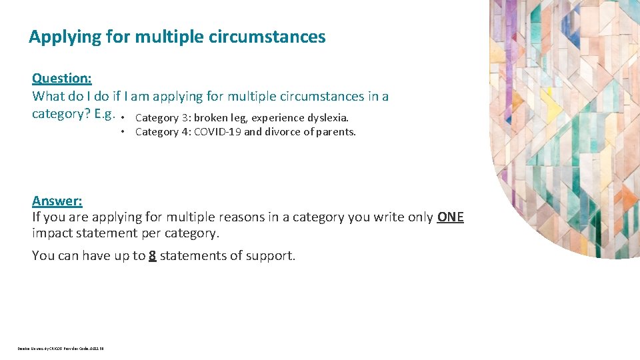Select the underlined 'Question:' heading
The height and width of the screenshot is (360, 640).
pyautogui.click(x=62, y=78)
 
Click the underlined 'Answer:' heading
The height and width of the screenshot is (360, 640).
pyautogui.click(x=57, y=201)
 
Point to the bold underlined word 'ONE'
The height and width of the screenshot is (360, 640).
pyautogui.click(x=450, y=217)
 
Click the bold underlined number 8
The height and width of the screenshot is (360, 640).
pyautogui.click(x=153, y=255)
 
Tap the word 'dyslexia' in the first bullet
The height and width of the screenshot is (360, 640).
pyautogui.click(x=327, y=118)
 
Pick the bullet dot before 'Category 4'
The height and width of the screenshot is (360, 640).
pyautogui.click(x=125, y=131)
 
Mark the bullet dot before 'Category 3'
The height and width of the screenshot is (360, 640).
pyautogui.click(x=125, y=117)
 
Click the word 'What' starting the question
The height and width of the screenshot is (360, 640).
pyautogui.click(x=48, y=96)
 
